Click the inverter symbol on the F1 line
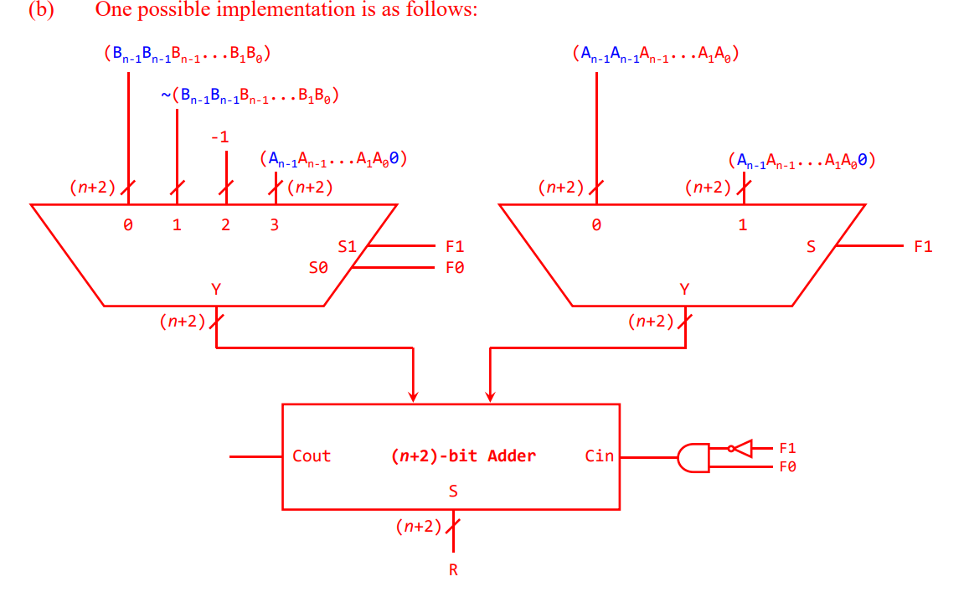pyautogui.click(x=742, y=448)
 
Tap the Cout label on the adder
pyautogui.click(x=312, y=456)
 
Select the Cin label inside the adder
pyautogui.click(x=599, y=456)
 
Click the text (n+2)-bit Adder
pyautogui.click(x=463, y=456)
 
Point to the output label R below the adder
pyautogui.click(x=453, y=570)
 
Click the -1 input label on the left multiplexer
pyautogui.click(x=219, y=136)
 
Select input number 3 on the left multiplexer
pyautogui.click(x=274, y=225)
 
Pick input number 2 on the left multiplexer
pyautogui.click(x=225, y=225)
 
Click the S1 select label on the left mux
pyautogui.click(x=347, y=247)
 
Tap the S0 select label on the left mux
pyautogui.click(x=317, y=268)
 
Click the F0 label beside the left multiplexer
pyautogui.click(x=455, y=268)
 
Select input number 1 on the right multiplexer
pyautogui.click(x=742, y=225)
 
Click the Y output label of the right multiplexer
pyautogui.click(x=685, y=289)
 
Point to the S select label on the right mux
pyautogui.click(x=810, y=247)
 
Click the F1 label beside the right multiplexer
pyautogui.click(x=923, y=247)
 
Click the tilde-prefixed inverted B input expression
pyautogui.click(x=249, y=96)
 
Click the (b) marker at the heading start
pyautogui.click(x=40, y=10)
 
